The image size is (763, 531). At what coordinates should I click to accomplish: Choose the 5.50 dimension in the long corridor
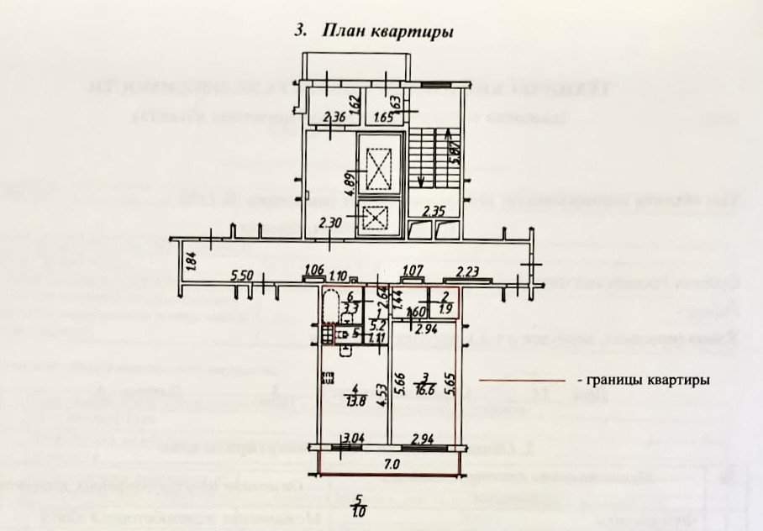242,276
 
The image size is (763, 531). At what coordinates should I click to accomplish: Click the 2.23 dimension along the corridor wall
468,270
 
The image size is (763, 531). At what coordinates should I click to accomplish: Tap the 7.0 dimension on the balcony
391,462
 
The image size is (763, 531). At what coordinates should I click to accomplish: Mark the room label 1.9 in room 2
446,308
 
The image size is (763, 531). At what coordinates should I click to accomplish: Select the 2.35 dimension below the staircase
434,211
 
